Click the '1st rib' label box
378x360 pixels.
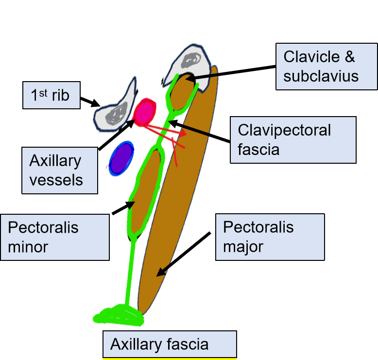52,95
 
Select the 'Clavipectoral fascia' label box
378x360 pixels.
292,139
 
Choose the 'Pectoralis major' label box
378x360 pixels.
269,237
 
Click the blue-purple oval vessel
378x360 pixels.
120,158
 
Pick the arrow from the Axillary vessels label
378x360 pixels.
117,134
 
